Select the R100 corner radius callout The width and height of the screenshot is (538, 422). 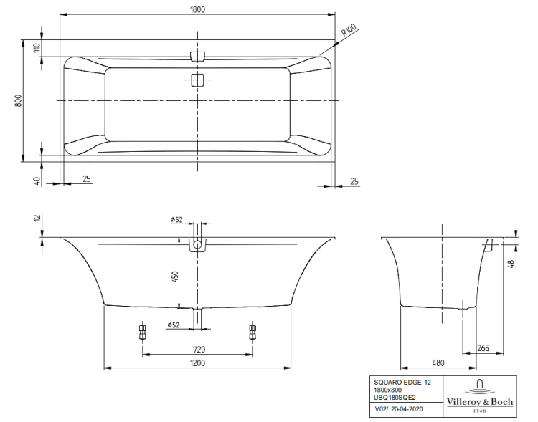(x=349, y=32)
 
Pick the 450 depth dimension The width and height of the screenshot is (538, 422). (x=175, y=277)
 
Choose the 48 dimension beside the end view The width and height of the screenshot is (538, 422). (x=511, y=263)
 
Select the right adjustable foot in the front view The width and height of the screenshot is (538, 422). (x=252, y=332)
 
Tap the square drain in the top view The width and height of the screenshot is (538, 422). (x=198, y=80)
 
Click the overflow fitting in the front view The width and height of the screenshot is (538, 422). (x=198, y=246)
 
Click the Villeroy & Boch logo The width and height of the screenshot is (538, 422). (x=480, y=393)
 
